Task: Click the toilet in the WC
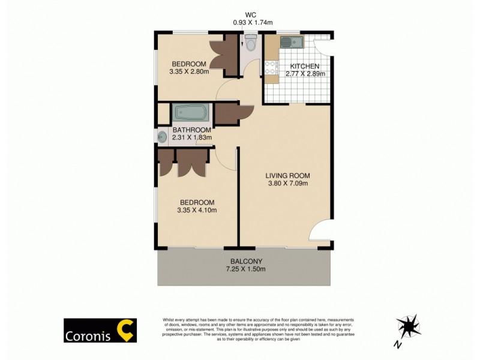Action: pyautogui.click(x=250, y=43)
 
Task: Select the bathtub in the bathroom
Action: pyautogui.click(x=191, y=113)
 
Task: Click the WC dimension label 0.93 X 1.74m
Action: pyautogui.click(x=253, y=22)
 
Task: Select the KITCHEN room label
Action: pyautogui.click(x=305, y=66)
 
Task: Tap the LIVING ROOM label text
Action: pyautogui.click(x=288, y=176)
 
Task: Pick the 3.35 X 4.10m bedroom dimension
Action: pyautogui.click(x=197, y=211)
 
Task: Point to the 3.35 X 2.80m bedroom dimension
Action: pyautogui.click(x=189, y=72)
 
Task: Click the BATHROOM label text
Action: pyautogui.click(x=191, y=130)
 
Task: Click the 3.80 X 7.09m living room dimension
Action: pyautogui.click(x=288, y=184)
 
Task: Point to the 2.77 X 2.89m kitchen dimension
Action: pyautogui.click(x=305, y=74)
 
